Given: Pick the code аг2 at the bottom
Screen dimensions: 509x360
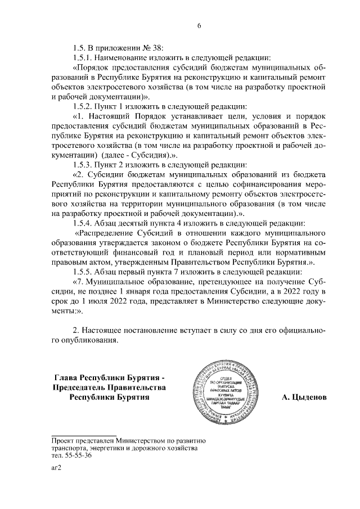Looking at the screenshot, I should (56, 468).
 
